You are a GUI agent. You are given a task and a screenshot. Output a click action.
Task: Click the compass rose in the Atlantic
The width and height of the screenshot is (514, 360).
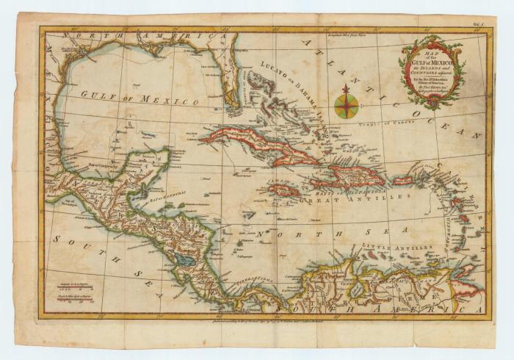(x=346, y=104)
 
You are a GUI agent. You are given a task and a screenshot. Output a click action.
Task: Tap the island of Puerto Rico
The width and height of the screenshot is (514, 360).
(x=402, y=180)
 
